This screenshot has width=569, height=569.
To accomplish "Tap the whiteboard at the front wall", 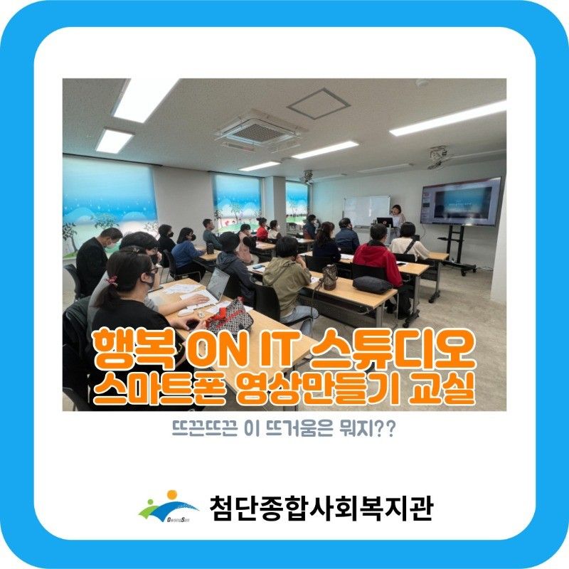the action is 367,211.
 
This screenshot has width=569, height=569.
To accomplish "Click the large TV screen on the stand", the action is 460,202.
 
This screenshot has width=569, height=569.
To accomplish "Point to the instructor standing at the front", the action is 396,220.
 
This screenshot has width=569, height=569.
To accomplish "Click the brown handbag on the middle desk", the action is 329,277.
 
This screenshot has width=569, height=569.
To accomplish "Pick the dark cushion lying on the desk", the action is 372,284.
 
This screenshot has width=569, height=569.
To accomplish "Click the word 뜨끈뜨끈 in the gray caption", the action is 206,430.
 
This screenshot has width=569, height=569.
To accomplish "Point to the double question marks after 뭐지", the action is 385,430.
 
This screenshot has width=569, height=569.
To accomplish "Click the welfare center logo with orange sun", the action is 169,506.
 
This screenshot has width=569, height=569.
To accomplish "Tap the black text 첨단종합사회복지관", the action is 321,508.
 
